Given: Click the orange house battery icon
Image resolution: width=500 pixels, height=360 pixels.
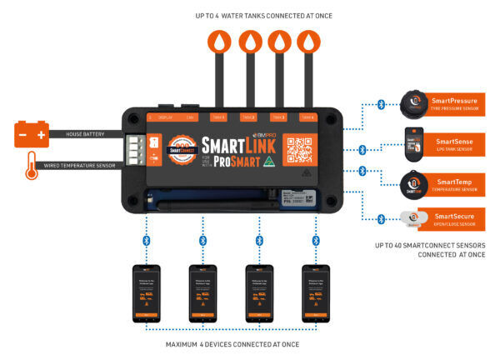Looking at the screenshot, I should [x=30, y=133].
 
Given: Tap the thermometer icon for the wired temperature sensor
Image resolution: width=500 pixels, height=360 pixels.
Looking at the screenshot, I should [x=31, y=163].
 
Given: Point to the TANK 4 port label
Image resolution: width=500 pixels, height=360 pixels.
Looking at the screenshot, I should [x=307, y=117].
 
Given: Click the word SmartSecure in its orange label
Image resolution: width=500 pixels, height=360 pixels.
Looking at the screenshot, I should [x=454, y=216].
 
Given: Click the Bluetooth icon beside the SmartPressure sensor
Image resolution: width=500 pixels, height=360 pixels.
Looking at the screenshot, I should [x=380, y=105].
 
